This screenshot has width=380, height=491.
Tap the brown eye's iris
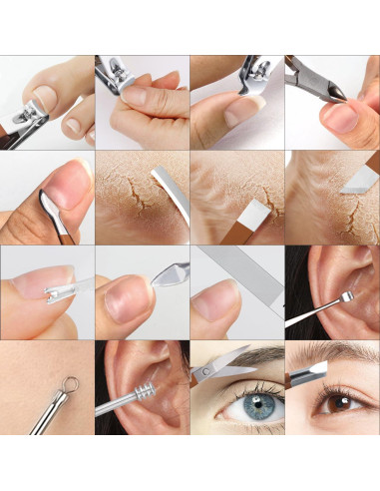pos(329,412)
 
